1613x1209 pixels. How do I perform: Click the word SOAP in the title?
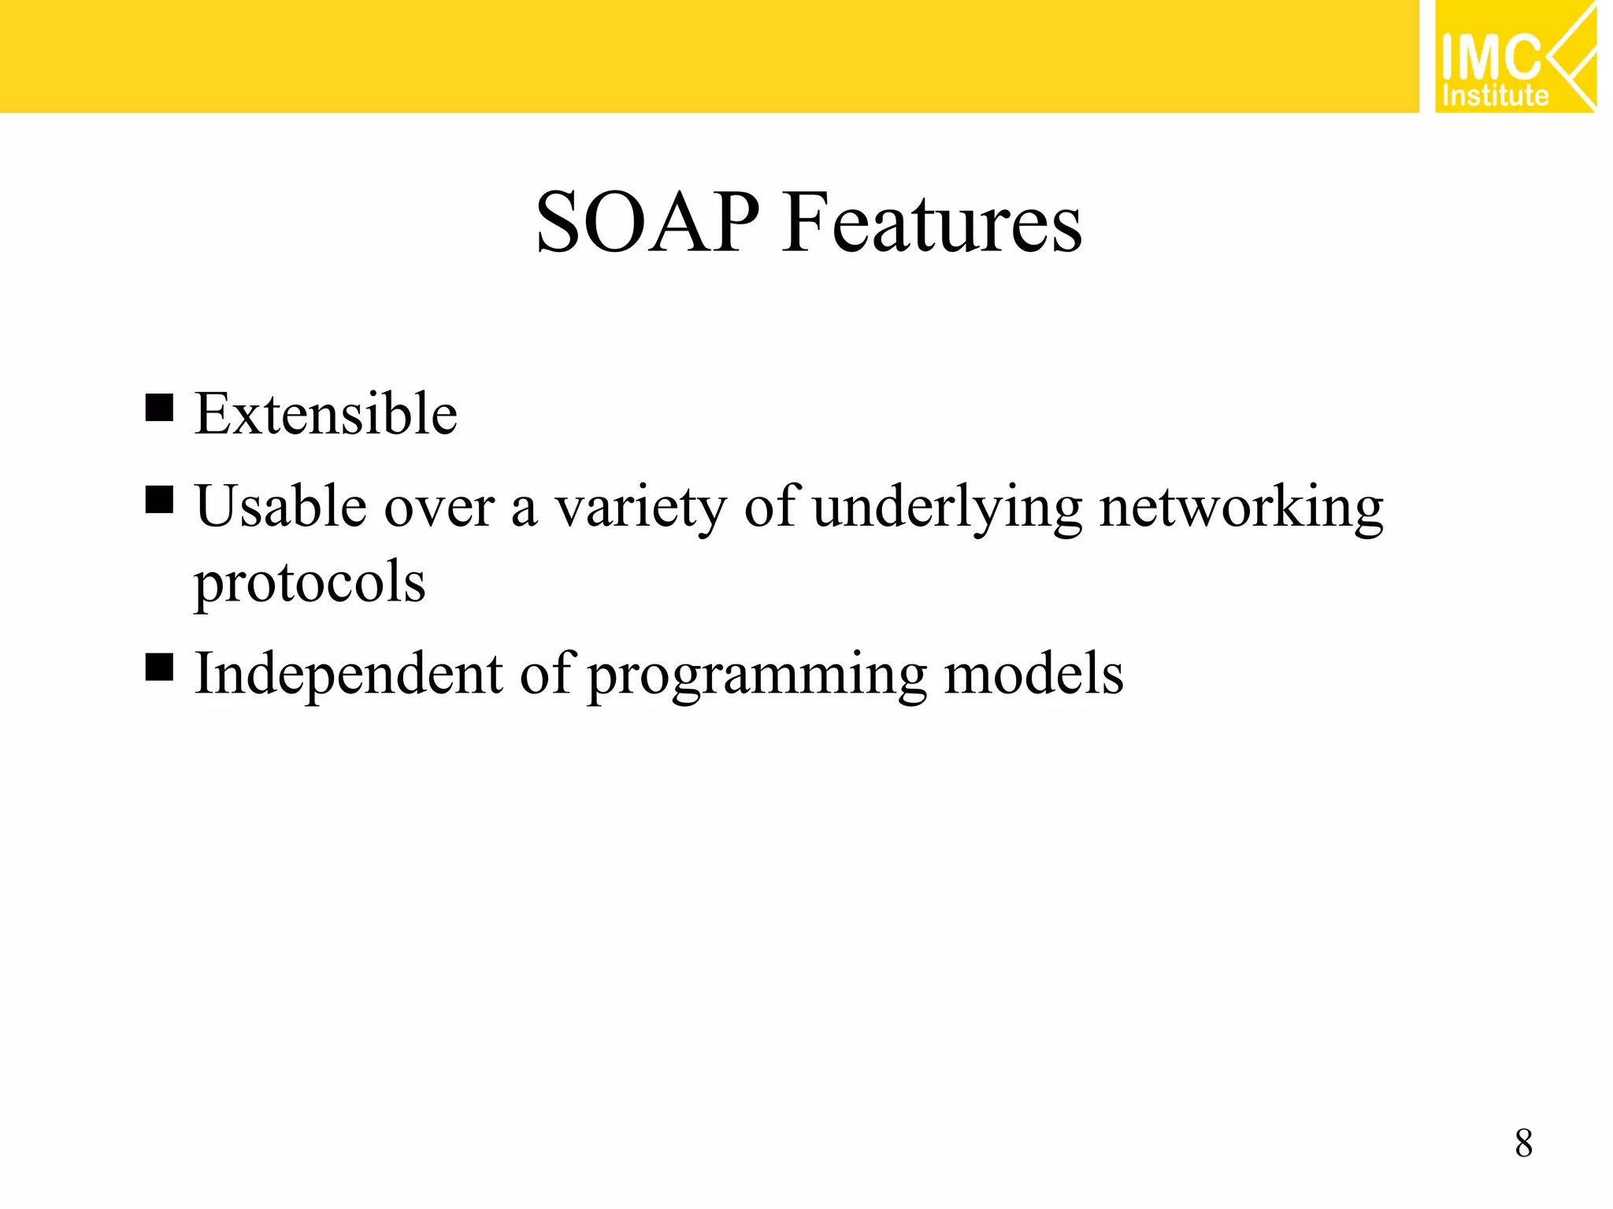click(x=647, y=224)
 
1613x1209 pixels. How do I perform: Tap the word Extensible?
click(x=325, y=414)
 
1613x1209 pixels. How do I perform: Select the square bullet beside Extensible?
click(x=159, y=408)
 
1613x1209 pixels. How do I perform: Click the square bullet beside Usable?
click(x=159, y=499)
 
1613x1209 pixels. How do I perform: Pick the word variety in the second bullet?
click(x=640, y=508)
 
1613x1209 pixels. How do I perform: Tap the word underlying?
click(x=947, y=508)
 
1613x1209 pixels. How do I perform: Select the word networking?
click(x=1240, y=508)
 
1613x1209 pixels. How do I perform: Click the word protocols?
click(x=310, y=582)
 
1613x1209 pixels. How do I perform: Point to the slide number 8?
click(x=1523, y=1143)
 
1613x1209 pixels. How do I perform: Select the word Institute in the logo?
click(x=1494, y=96)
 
